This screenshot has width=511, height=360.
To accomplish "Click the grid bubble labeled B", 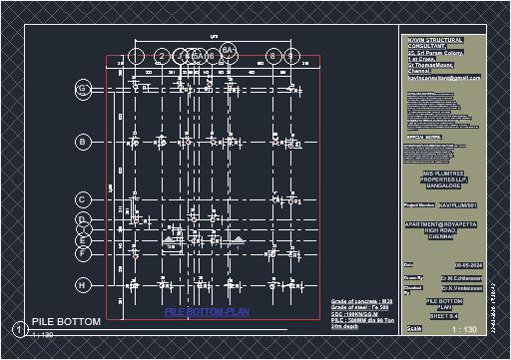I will pyautogui.click(x=83, y=143).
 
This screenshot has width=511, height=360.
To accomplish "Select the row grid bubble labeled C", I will pyautogui.click(x=83, y=199).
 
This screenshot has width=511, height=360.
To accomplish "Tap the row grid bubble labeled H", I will pyautogui.click(x=83, y=285).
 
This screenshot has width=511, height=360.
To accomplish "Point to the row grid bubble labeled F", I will pyautogui.click(x=83, y=253).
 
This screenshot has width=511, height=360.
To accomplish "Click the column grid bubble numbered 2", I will pyautogui.click(x=161, y=56).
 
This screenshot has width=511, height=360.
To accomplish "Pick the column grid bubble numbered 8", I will pyautogui.click(x=271, y=56).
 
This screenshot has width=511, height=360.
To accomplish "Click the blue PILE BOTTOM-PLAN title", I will pyautogui.click(x=207, y=312).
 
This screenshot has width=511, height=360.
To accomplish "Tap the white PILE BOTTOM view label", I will pyautogui.click(x=66, y=322).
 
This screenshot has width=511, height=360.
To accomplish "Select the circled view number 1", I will pyautogui.click(x=19, y=329).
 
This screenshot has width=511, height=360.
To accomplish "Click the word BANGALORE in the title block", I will pyautogui.click(x=443, y=185).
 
